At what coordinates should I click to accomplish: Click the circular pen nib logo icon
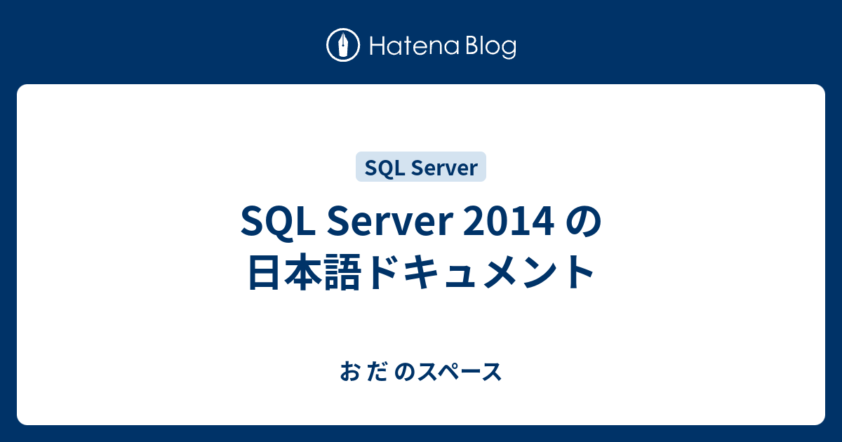click(343, 46)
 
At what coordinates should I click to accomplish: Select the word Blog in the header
click(488, 47)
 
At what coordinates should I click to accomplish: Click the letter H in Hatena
click(375, 47)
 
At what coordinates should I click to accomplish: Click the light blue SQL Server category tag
click(421, 167)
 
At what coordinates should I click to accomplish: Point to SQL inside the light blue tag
click(383, 167)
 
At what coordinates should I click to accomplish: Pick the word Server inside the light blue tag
click(442, 167)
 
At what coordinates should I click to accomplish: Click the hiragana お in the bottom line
click(349, 373)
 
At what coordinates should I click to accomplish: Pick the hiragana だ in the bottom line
click(377, 373)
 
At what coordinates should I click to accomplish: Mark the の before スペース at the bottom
click(405, 373)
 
